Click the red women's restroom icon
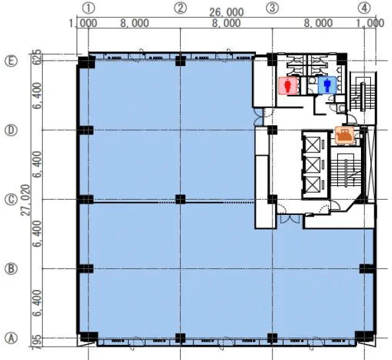[288, 86]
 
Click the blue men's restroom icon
[327, 86]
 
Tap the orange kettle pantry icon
[344, 136]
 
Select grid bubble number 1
[88, 9]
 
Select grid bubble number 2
[181, 9]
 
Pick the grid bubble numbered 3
[273, 9]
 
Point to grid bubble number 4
[364, 9]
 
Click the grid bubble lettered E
[11, 61]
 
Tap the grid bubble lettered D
[11, 130]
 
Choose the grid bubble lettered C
[11, 199]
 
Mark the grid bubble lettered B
[11, 268]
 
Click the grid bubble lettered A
[11, 338]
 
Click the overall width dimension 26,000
[226, 13]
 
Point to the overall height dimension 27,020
[26, 200]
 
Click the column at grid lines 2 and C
[181, 199]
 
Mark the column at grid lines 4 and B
[366, 268]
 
